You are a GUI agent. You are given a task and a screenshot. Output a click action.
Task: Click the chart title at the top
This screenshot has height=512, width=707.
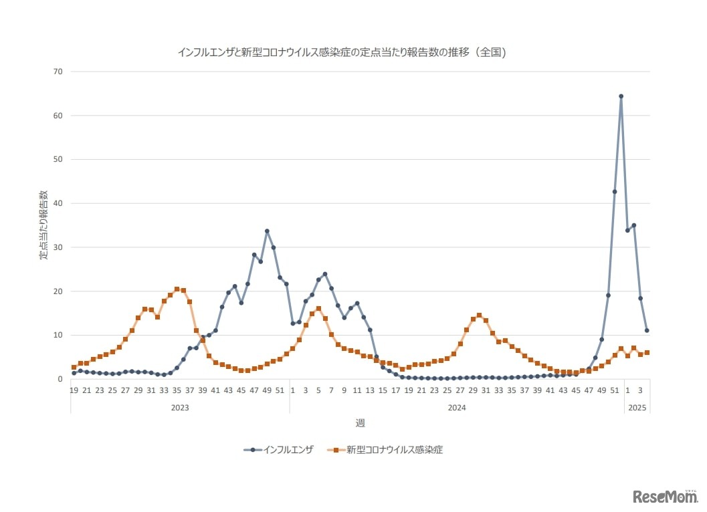tap(341, 51)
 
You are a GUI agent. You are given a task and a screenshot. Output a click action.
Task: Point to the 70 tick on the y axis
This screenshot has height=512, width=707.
tap(58, 72)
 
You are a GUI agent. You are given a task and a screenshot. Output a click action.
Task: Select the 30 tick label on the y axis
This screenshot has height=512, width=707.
tap(58, 247)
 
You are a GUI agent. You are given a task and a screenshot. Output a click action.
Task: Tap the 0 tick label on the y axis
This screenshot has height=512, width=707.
tap(60, 379)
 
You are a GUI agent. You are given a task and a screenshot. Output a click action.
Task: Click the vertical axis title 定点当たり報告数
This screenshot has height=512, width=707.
tap(43, 225)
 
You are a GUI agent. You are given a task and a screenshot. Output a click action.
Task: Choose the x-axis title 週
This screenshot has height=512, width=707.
tap(360, 422)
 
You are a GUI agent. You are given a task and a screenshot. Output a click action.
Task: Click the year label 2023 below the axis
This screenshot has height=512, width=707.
tap(179, 406)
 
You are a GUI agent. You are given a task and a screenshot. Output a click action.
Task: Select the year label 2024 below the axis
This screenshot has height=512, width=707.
tap(457, 406)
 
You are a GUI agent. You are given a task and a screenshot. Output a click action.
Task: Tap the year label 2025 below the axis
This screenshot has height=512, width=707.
tap(637, 406)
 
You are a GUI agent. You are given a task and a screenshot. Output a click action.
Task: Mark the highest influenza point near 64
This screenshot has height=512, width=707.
tap(621, 96)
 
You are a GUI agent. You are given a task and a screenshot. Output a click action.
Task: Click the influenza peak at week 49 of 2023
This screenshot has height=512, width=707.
tap(267, 231)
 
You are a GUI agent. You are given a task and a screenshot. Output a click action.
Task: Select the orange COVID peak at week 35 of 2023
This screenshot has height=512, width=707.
tap(177, 289)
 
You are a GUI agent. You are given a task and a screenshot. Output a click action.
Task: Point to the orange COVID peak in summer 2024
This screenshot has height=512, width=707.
tap(479, 315)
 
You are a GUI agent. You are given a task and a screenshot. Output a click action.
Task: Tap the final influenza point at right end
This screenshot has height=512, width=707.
tap(647, 330)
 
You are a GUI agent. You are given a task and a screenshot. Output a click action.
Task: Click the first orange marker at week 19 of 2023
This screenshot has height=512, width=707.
tap(74, 368)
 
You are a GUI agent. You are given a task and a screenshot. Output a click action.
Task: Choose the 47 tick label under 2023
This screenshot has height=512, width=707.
tap(254, 390)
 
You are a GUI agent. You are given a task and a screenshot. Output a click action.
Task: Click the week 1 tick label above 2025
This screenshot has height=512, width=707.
tap(627, 390)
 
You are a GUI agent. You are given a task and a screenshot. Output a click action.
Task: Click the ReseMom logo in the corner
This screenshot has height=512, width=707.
tap(664, 496)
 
